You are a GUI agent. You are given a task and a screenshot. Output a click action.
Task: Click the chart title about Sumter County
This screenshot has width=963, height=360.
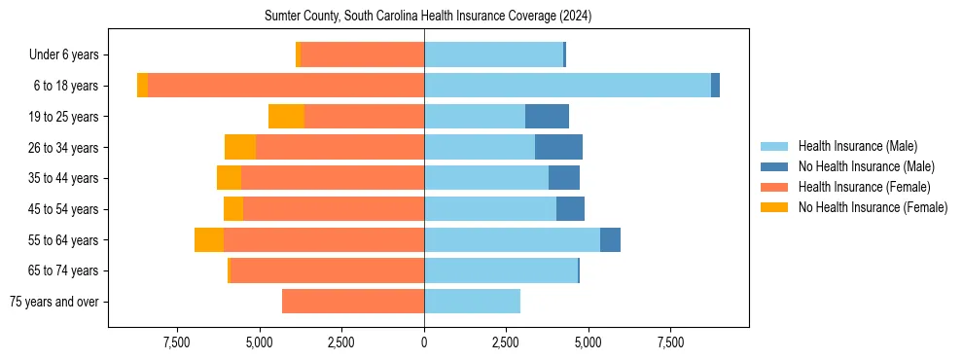pos(428,17)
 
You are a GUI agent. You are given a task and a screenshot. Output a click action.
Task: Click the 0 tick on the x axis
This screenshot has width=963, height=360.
pos(424,342)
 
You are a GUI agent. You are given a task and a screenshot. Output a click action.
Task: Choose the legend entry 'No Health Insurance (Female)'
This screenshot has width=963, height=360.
pos(873,207)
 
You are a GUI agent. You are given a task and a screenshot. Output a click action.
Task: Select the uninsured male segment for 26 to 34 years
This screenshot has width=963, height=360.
pos(558,147)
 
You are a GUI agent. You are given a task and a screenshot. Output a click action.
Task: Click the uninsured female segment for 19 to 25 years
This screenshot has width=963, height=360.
pos(286,117)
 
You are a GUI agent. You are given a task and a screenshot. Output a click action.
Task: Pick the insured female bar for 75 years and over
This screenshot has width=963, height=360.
pos(353,302)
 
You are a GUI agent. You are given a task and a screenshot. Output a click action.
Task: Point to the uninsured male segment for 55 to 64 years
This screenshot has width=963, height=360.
pos(610,239)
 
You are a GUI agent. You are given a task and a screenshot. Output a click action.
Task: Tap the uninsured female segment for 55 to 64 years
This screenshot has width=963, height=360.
pos(209,239)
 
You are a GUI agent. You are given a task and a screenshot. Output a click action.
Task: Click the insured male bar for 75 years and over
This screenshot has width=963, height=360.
pos(472,302)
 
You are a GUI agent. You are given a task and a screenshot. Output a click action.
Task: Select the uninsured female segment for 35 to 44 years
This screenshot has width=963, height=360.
pos(229,178)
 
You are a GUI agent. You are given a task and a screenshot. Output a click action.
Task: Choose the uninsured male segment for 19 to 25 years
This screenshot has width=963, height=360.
pos(547,117)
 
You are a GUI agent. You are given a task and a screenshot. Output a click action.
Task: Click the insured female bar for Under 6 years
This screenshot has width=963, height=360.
pos(362,55)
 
